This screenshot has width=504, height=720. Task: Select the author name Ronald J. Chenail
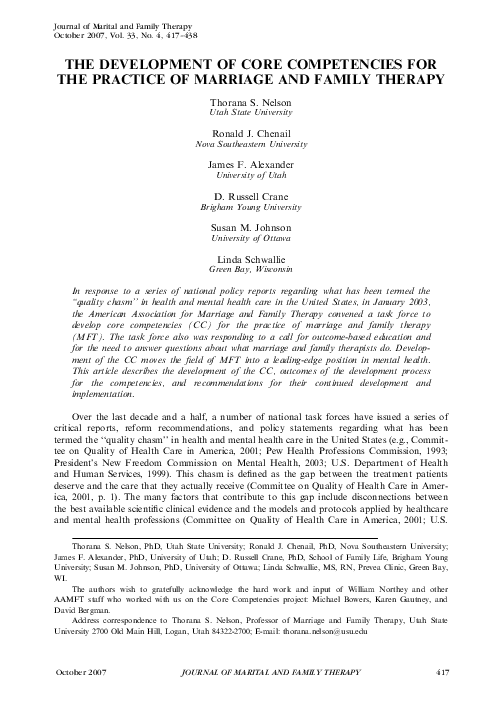click(x=251, y=133)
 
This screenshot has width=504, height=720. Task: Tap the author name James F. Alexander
click(x=251, y=164)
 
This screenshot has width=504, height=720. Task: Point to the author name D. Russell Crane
click(x=251, y=192)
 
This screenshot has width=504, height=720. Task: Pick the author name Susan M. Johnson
click(x=251, y=227)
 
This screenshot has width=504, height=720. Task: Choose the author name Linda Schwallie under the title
click(x=251, y=258)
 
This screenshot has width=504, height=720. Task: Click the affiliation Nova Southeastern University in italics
click(x=251, y=144)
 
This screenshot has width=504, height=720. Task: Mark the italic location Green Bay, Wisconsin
click(x=251, y=269)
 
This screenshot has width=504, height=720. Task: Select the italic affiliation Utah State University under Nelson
click(x=251, y=116)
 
